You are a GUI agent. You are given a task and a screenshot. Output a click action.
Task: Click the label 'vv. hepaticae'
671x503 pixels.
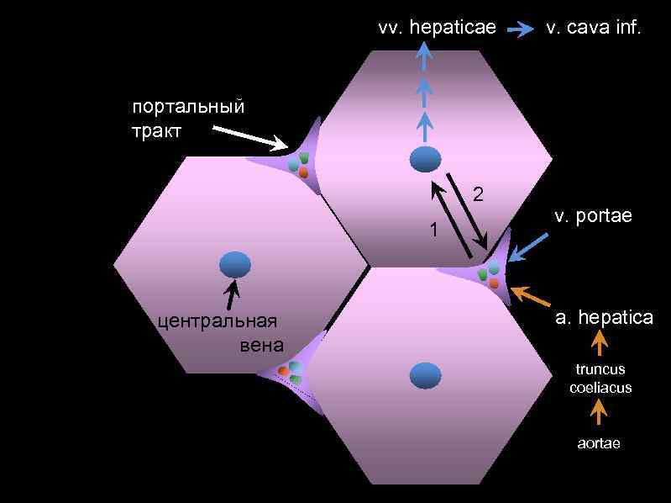437,28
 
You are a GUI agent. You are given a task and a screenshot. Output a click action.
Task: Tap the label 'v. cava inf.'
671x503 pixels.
593,28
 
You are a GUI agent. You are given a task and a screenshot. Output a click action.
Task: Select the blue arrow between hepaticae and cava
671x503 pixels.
522,29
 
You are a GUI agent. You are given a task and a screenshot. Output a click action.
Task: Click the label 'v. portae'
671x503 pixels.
593,217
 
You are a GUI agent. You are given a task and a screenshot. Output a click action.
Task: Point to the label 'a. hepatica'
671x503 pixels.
604,318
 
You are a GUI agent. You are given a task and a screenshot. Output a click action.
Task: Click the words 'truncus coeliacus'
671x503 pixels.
600,379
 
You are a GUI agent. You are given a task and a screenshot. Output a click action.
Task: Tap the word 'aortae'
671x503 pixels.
599,443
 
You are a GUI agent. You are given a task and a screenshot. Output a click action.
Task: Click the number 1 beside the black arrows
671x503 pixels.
433,230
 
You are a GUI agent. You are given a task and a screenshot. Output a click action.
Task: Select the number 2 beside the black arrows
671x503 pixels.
478,194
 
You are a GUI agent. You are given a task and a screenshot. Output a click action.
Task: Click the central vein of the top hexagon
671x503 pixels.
425,159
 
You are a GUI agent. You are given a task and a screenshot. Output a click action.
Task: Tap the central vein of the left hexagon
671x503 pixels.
235,265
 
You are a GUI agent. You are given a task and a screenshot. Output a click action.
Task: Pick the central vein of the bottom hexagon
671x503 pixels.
425,375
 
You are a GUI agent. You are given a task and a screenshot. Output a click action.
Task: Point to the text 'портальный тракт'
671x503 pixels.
187,119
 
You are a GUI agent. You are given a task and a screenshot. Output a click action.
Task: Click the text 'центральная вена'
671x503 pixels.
220,332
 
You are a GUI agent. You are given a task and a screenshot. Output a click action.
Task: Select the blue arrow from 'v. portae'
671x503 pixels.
529,247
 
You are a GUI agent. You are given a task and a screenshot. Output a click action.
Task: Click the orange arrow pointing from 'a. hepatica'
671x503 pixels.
531,296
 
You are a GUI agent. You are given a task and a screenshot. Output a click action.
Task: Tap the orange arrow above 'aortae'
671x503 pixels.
599,413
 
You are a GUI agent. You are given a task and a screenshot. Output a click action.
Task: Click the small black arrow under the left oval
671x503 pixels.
231,294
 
